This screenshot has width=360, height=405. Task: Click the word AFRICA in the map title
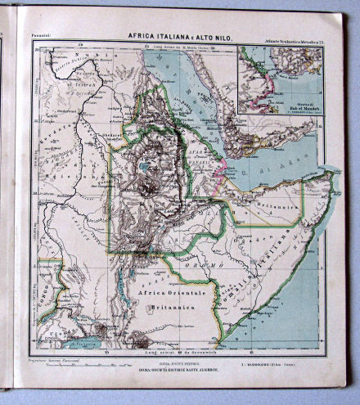coord(142,36)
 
